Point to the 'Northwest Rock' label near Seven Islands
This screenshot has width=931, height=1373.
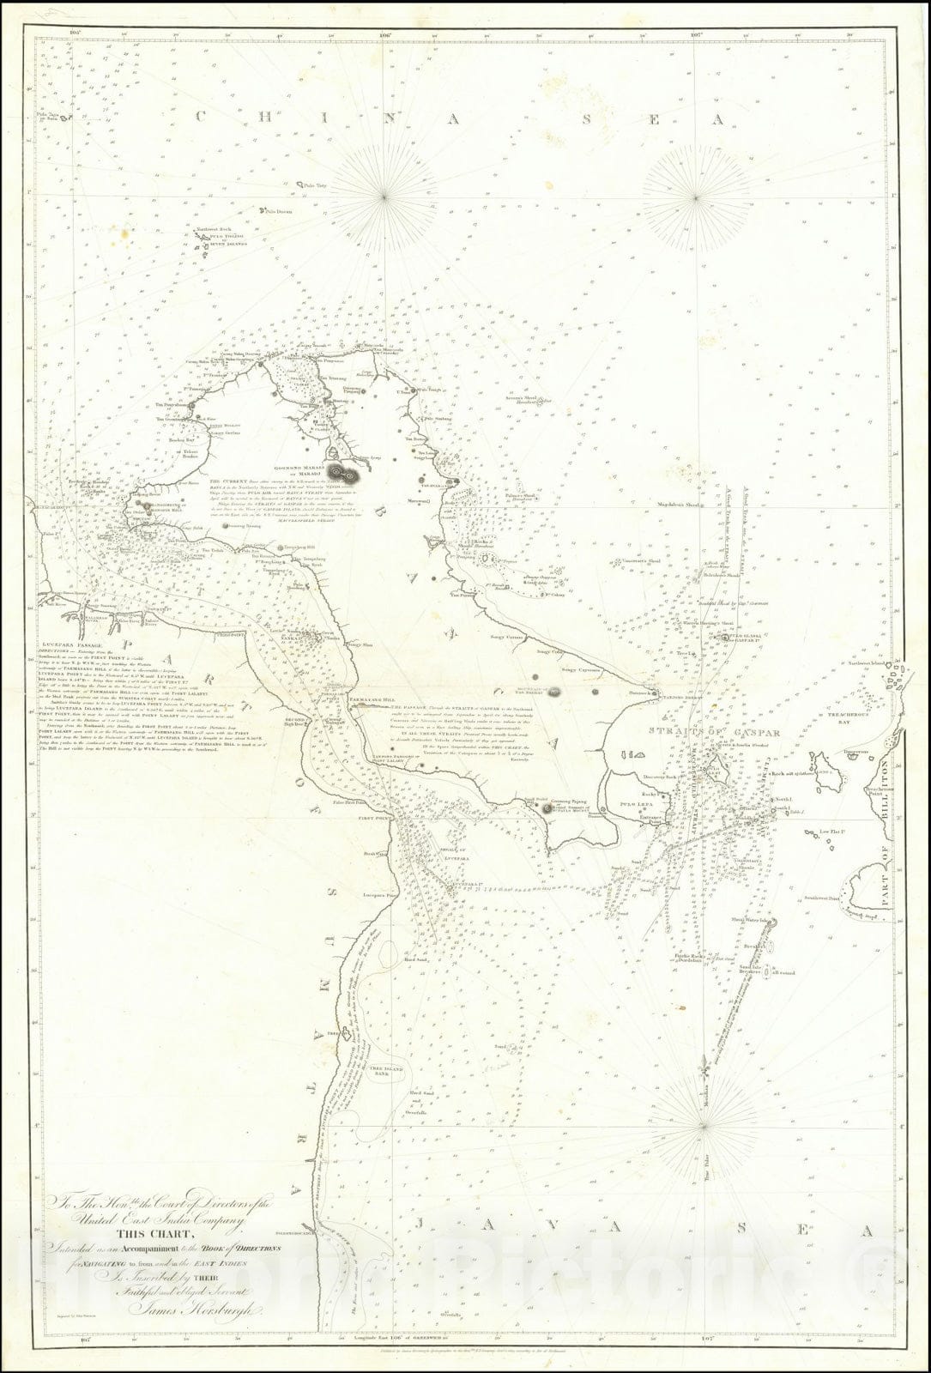coord(210,230)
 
